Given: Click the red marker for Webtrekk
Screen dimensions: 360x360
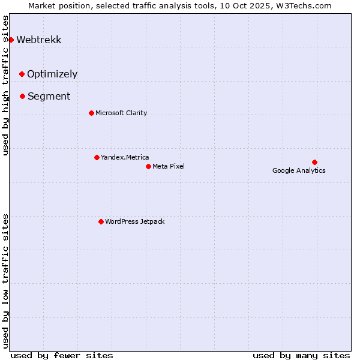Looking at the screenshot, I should [x=11, y=40].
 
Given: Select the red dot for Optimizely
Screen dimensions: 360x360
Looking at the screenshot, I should [x=22, y=74].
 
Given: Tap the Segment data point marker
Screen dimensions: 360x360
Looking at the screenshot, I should [x=22, y=96].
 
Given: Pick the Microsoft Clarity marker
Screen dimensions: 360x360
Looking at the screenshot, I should [x=91, y=113].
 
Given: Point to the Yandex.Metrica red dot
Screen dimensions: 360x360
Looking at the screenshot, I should [x=97, y=157].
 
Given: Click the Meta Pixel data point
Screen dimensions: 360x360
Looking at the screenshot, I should [x=148, y=166].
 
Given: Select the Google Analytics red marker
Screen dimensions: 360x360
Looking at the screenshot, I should [x=314, y=162].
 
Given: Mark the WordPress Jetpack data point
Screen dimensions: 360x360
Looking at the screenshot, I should [x=101, y=221].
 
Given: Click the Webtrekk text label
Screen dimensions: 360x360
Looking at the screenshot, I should [x=38, y=40].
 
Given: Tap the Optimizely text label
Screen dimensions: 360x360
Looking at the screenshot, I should [x=52, y=74].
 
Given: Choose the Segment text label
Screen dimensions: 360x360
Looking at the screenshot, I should [x=49, y=97].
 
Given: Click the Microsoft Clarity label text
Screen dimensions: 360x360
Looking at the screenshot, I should [x=121, y=113].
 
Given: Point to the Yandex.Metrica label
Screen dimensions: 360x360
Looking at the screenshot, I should [x=125, y=157].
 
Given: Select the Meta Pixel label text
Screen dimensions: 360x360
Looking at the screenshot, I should [x=169, y=166].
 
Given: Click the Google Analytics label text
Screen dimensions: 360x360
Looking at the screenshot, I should [x=299, y=170].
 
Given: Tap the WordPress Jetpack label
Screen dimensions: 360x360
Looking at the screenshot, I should [x=134, y=221].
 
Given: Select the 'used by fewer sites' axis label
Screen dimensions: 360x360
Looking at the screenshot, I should [x=62, y=355].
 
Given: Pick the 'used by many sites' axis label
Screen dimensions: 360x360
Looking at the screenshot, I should [x=301, y=355].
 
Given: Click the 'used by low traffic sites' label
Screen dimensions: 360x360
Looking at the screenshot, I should [x=6, y=281].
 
